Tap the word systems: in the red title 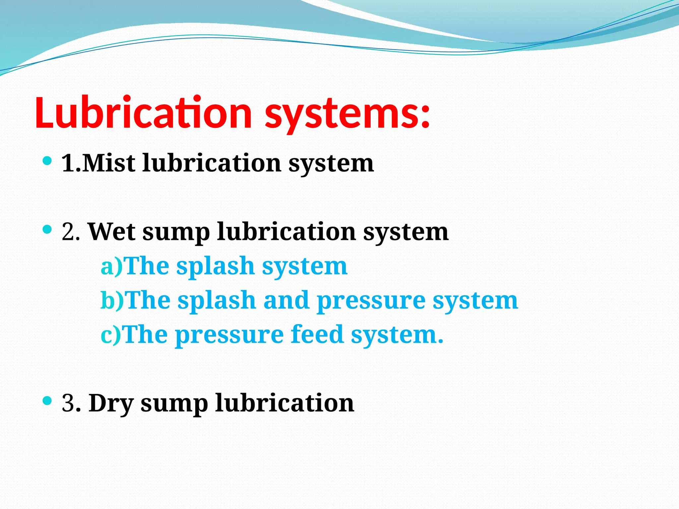(x=347, y=114)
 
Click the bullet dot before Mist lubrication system (x=47, y=161)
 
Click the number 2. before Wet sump (x=71, y=232)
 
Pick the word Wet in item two (x=112, y=232)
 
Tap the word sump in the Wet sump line (x=176, y=233)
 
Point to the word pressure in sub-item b (x=371, y=302)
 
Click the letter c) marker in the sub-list (x=111, y=334)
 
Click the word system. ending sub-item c (x=397, y=335)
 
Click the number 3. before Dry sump (x=71, y=403)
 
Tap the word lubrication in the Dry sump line (x=284, y=403)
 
